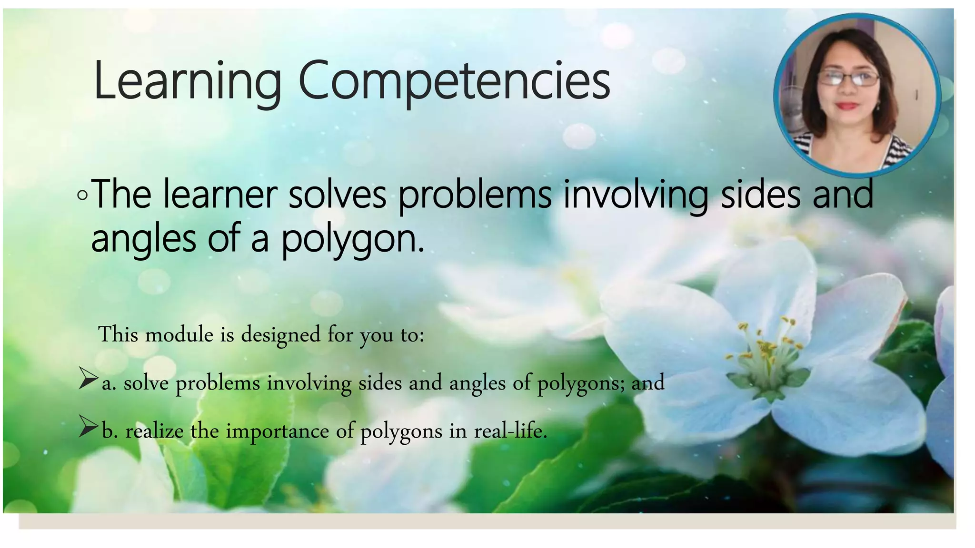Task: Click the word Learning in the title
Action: [188, 81]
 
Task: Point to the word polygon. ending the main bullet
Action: [352, 239]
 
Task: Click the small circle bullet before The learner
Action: [82, 195]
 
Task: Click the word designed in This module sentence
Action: [280, 335]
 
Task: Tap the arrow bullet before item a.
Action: [88, 378]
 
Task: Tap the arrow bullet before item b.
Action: [88, 426]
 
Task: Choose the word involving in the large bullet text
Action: [636, 195]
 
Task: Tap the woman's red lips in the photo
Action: [847, 106]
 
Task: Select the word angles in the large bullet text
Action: [143, 239]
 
